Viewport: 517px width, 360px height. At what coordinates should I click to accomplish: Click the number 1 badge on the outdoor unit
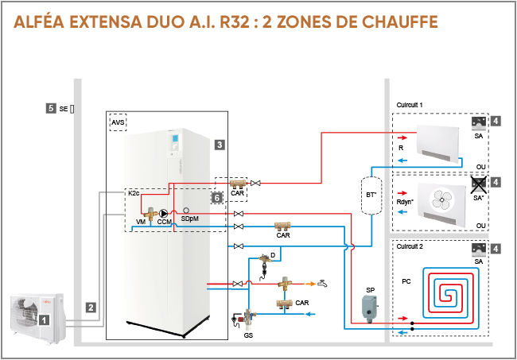coord(45,319)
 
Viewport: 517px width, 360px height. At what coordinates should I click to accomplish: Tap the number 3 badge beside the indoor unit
coord(220,145)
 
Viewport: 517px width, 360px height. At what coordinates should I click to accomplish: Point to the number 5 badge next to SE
coord(51,108)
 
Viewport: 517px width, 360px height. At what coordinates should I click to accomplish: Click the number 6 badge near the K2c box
coord(216,196)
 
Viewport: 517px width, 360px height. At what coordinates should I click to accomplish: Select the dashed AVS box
coord(118,122)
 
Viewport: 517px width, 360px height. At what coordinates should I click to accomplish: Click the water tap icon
coord(321,283)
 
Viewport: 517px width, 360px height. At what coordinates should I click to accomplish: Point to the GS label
coord(248,335)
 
